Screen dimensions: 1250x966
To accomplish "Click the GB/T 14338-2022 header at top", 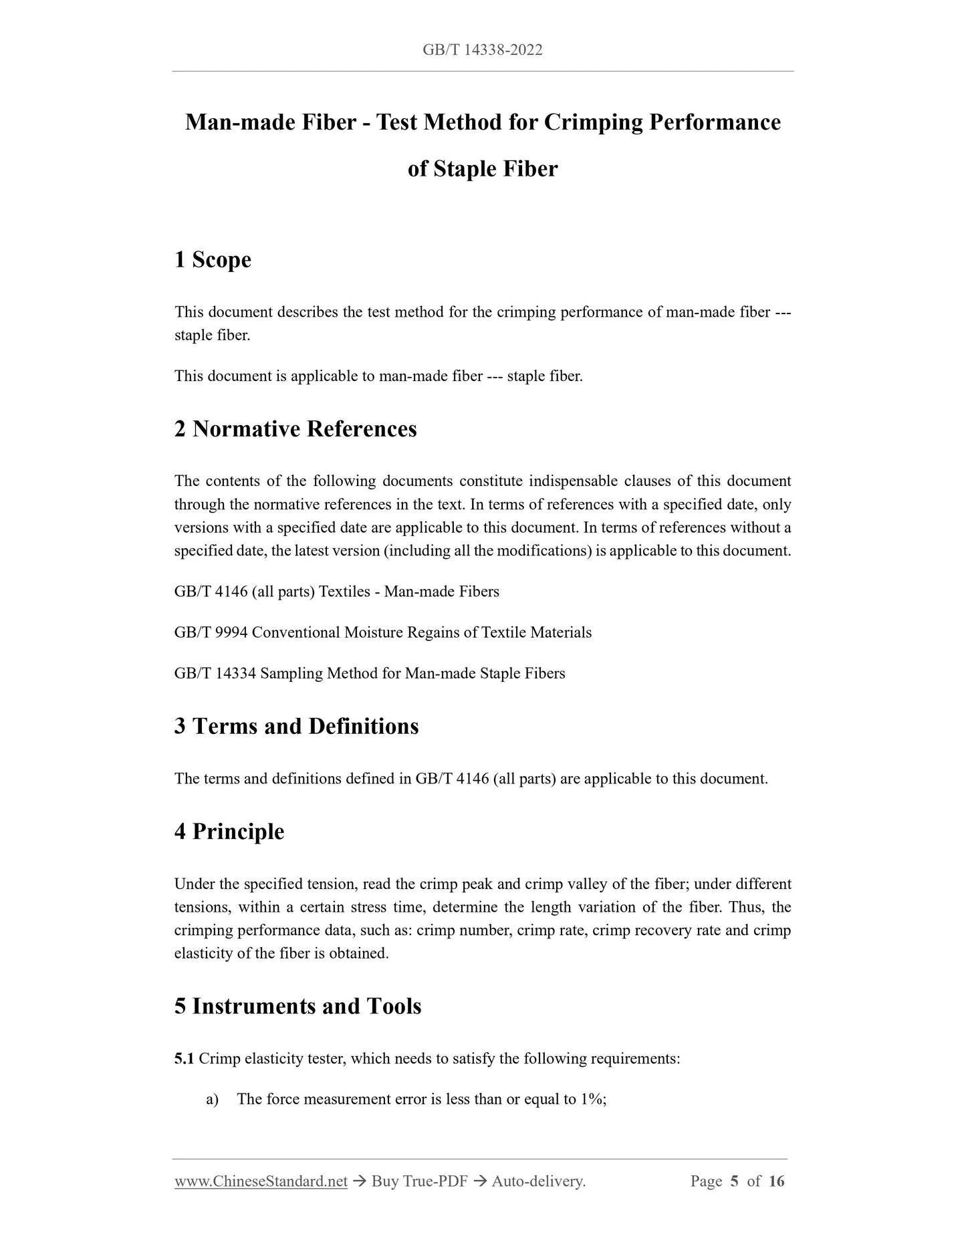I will [x=482, y=49].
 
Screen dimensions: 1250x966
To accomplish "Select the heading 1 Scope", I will [x=213, y=259].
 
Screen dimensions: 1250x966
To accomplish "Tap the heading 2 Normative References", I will [x=295, y=428].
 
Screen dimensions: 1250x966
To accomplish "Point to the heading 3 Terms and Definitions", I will [x=296, y=726].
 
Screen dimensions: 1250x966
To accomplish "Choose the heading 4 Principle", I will [x=229, y=832].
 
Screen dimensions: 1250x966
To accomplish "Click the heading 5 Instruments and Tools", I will [x=297, y=1006].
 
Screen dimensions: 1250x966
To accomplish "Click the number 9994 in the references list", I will [x=232, y=632].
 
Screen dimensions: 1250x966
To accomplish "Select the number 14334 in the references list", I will [x=236, y=673].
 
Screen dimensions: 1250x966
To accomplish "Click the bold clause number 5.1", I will [x=184, y=1059].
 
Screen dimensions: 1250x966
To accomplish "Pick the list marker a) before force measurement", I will [x=213, y=1100].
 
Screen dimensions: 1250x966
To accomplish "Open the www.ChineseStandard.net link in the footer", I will [x=261, y=1182].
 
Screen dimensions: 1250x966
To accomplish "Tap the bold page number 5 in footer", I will [x=734, y=1182].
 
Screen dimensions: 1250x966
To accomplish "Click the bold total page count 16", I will [x=776, y=1182].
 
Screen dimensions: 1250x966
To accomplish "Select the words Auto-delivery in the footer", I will [x=538, y=1182].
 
